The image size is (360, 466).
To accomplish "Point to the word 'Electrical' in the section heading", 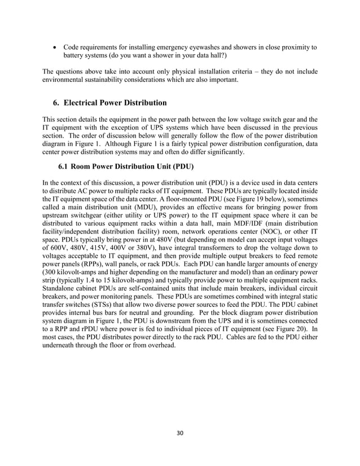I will coord(89,103).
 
